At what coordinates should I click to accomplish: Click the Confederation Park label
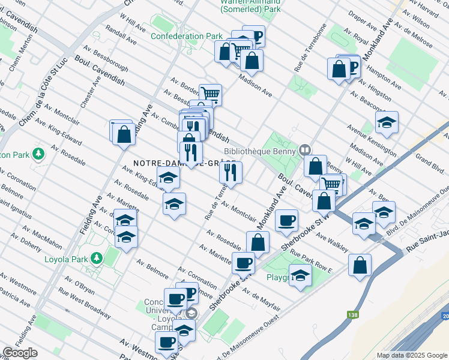tap(186, 36)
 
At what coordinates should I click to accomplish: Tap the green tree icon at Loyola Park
tap(95, 259)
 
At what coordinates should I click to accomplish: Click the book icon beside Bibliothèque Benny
tap(306, 149)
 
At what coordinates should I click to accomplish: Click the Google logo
tap(20, 353)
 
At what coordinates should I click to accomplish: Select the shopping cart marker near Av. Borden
tap(210, 94)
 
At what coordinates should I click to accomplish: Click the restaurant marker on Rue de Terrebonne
tap(231, 172)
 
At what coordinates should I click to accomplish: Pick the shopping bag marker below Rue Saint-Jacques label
tap(360, 265)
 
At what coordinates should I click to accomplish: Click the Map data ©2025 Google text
tap(412, 355)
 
